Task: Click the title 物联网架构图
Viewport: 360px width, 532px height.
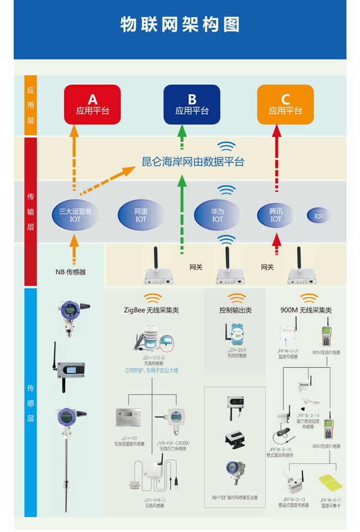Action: [180, 25]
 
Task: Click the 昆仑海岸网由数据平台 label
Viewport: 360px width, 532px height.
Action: [193, 162]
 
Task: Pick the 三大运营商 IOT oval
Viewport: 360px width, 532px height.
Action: [75, 215]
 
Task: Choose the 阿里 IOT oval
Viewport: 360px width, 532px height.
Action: [141, 215]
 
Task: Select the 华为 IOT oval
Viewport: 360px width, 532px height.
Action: [218, 215]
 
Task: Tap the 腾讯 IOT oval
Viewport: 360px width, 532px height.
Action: [276, 215]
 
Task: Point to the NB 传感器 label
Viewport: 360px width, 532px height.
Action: [70, 272]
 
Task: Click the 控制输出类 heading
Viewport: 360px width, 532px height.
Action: [235, 310]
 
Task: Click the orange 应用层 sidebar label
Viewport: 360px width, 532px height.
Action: [30, 106]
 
